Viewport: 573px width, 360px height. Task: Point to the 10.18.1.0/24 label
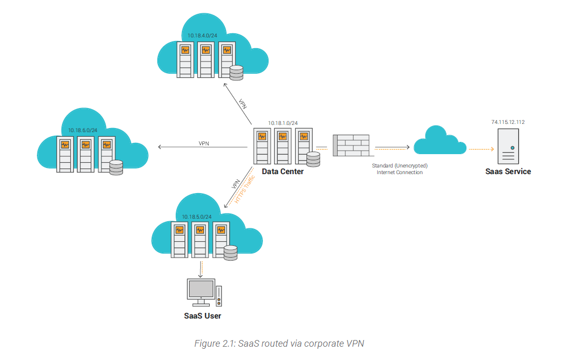282,123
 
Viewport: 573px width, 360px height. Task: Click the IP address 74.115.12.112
508,122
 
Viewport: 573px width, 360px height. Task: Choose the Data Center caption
282,172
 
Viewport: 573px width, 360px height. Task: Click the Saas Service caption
508,172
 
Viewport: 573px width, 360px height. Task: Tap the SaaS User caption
202,315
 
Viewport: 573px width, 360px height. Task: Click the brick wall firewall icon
351,145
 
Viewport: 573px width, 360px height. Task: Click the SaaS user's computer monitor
201,290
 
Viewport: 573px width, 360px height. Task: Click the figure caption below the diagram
279,343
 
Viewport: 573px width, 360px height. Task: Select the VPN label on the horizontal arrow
203,143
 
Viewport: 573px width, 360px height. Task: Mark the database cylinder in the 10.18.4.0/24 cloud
236,73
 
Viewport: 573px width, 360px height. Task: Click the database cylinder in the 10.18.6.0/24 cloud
116,168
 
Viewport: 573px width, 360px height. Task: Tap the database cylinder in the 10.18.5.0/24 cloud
231,253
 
